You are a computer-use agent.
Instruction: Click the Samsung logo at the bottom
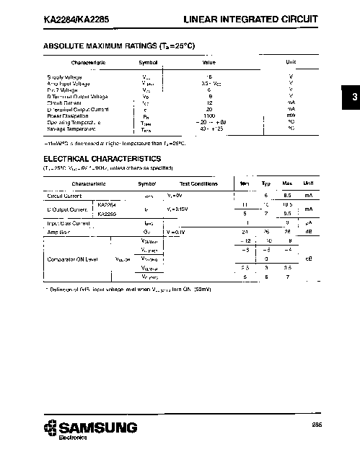coord(89,428)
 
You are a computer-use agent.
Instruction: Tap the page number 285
coord(317,424)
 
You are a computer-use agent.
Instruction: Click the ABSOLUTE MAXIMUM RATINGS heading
coord(119,45)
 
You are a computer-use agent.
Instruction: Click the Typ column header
coord(265,183)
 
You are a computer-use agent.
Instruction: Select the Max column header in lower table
coord(286,183)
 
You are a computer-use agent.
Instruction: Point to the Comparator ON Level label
coord(72,259)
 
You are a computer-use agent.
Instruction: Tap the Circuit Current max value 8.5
coord(286,196)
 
